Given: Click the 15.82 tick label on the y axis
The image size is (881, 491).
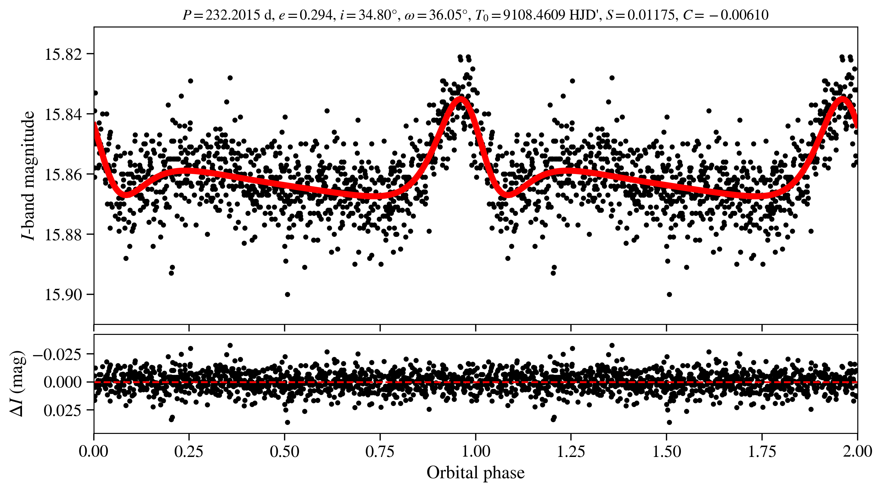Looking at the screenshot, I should (63, 54).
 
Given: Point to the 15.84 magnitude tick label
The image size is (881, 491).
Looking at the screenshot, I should (63, 114).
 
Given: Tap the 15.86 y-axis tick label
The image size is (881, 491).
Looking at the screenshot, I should (63, 175).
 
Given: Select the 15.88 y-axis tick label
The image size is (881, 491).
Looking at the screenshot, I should (63, 235).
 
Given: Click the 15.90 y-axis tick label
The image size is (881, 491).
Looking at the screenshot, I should (63, 295).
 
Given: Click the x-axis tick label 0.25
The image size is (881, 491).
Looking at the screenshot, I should (189, 451).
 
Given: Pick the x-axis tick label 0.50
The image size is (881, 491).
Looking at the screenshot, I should (284, 451).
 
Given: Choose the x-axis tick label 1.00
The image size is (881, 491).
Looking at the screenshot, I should (475, 451).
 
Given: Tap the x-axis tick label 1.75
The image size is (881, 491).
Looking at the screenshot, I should (762, 451).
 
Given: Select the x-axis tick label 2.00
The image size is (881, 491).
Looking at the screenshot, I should (857, 451).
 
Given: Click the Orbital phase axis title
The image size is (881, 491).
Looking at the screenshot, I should (475, 473).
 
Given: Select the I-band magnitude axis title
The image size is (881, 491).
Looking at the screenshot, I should (28, 175).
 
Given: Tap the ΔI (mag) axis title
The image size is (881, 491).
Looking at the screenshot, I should (17, 383).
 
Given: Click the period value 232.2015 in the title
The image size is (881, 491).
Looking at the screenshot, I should (233, 15).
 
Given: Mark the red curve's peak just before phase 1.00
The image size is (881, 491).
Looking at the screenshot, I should (461, 99).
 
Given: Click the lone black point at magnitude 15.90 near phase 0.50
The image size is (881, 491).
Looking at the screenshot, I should (287, 294).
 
